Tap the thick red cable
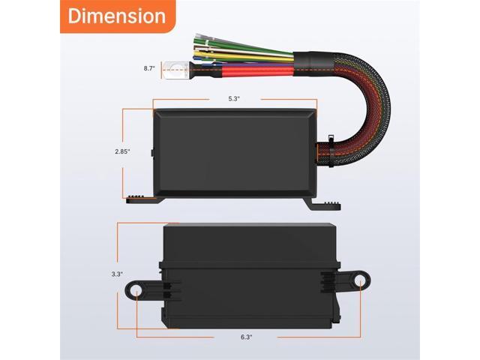pyautogui.click(x=247, y=72)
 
